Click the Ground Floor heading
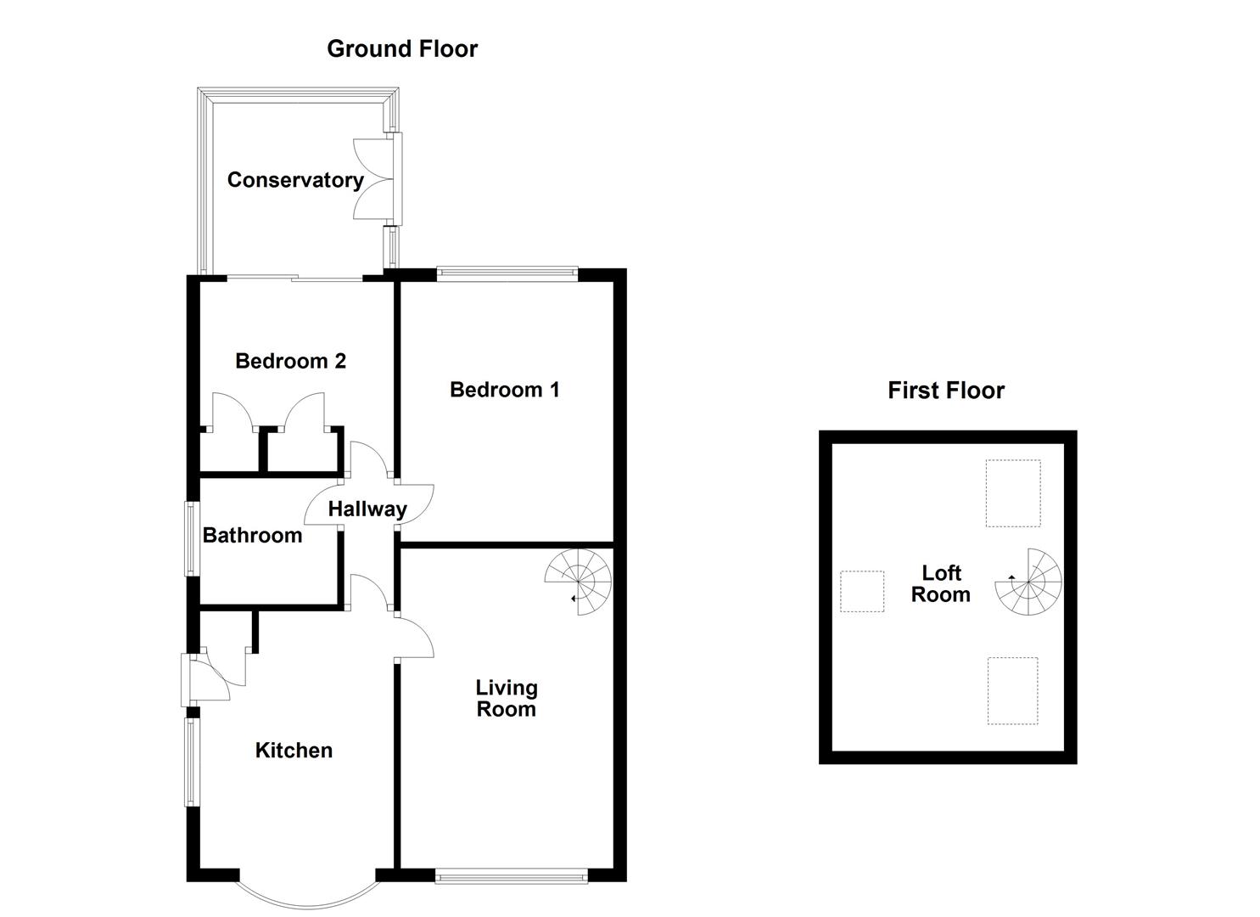pos(402,49)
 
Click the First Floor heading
pos(946,391)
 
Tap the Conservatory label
pos(295,180)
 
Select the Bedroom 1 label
pos(505,390)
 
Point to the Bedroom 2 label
pos(290,361)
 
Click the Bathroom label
pos(253,535)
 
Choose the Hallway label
pos(367,509)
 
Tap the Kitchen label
pos(294,751)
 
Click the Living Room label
pos(507,698)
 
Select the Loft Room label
pos(941,584)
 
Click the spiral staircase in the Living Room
pos(579,582)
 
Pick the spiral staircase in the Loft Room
pos(1028,582)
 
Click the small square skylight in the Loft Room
pos(862,591)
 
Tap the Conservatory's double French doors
pos(376,178)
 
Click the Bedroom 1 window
pos(507,273)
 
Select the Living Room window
pos(512,876)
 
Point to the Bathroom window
pos(193,538)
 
